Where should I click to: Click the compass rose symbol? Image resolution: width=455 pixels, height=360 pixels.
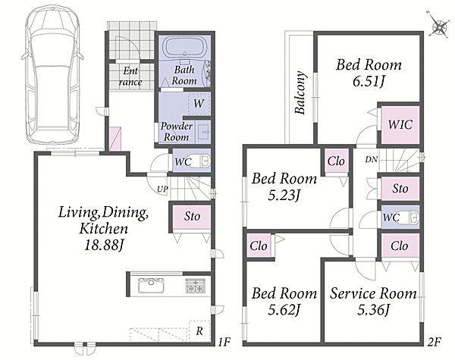pos(439,27)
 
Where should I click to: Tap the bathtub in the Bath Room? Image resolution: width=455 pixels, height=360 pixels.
pos(185,48)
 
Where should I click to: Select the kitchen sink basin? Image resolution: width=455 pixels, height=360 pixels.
pos(151,285)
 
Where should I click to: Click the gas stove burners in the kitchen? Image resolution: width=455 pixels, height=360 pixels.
pos(196,285)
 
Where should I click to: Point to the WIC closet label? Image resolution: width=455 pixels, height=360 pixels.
pos(400,125)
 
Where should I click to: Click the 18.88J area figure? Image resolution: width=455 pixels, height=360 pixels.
pos(104,246)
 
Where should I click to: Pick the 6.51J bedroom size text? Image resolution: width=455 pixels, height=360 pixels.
pos(369,82)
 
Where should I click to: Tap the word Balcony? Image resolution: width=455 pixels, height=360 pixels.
pos(300,92)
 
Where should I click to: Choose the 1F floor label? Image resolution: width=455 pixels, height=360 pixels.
pos(224,343)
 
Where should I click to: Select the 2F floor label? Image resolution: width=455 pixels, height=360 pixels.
pos(435,343)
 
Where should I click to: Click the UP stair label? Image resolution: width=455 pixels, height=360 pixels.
pos(162,189)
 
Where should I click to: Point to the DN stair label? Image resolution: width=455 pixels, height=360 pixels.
pos(372,159)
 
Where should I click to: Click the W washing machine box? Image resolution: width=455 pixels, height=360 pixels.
pos(199,104)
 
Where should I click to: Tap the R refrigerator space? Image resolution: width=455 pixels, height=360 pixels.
pos(199,331)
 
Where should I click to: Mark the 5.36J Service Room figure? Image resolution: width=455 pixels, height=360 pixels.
pos(372,310)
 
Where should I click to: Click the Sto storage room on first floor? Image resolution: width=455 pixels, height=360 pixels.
pos(192,217)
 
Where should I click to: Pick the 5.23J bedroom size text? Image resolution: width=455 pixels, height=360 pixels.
pos(283,196)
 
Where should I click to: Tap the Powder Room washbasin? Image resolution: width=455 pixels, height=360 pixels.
pos(204,132)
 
